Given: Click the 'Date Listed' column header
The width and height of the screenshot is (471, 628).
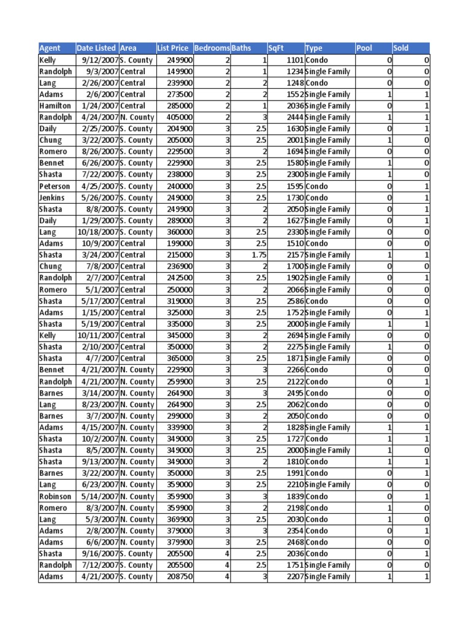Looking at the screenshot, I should point(96,48).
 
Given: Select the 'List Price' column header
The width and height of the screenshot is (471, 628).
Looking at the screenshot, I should point(173,48).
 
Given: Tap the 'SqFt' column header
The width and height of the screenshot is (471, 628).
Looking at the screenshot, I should point(277,48).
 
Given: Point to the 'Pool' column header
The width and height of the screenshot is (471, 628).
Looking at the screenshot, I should point(364,48).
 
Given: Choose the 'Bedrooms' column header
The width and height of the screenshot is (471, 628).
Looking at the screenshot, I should point(212,48).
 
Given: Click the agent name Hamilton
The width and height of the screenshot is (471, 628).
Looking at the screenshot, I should point(55,106).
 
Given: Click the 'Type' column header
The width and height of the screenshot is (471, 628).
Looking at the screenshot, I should point(313,48).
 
